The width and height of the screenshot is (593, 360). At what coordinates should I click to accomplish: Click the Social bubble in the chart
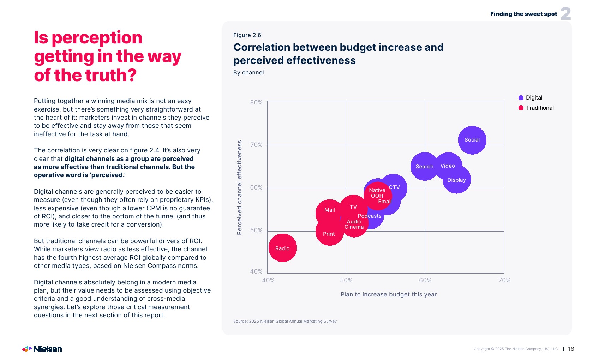pos(472,140)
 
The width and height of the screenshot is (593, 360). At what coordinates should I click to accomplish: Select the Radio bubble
pos(282,248)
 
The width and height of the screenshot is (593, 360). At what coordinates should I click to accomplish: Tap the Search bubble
pos(424,167)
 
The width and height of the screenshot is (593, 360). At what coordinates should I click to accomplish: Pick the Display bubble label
pos(456,180)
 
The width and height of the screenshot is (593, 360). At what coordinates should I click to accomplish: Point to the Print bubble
pos(329,234)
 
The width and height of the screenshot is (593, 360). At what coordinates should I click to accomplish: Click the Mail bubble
pos(329,210)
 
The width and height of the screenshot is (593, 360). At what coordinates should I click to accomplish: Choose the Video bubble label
pos(448,166)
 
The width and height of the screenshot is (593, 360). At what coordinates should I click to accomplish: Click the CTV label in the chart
pos(394,187)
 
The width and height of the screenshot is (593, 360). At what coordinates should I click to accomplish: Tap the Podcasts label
pos(370,216)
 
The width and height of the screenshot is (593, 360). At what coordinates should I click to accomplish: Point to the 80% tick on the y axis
pos(256,102)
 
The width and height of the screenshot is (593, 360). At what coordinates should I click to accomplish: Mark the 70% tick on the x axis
pos(504,280)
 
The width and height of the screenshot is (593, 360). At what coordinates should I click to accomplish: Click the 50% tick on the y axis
pos(256,230)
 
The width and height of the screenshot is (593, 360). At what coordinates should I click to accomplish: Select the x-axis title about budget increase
pos(388,294)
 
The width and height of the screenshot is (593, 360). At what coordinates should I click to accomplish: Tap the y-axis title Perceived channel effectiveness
pos(239,187)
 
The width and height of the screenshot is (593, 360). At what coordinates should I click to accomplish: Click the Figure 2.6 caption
pos(247,35)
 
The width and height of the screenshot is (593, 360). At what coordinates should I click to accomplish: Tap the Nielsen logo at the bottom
pos(42,349)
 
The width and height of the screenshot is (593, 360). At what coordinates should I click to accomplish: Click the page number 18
pos(571,349)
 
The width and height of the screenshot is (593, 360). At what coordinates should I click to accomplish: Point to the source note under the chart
pos(285,321)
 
